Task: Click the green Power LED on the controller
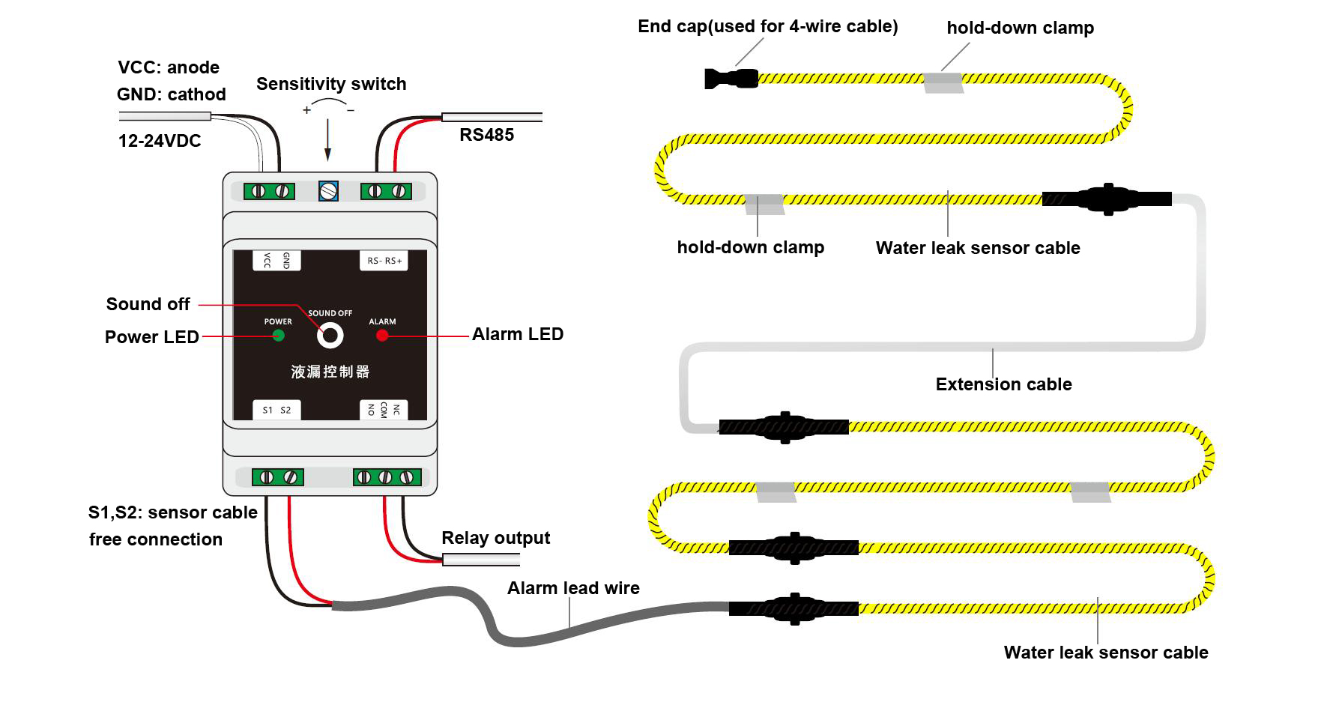[278, 335]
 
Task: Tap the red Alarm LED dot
[382, 335]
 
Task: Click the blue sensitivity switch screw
[328, 191]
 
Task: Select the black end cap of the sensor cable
[731, 78]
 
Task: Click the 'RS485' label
[487, 135]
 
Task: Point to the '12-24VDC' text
[160, 141]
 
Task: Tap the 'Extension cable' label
[1003, 384]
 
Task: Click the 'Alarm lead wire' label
[573, 588]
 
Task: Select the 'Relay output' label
[496, 538]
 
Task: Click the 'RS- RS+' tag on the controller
[384, 261]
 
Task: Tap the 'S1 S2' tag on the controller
[276, 410]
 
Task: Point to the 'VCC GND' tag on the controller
[276, 260]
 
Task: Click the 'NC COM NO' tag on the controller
[384, 410]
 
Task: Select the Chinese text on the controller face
[330, 372]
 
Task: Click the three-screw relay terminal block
[387, 477]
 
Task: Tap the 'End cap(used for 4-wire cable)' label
[768, 27]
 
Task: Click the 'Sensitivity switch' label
[331, 84]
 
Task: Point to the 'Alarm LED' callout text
[518, 334]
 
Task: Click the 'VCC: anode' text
[169, 67]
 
